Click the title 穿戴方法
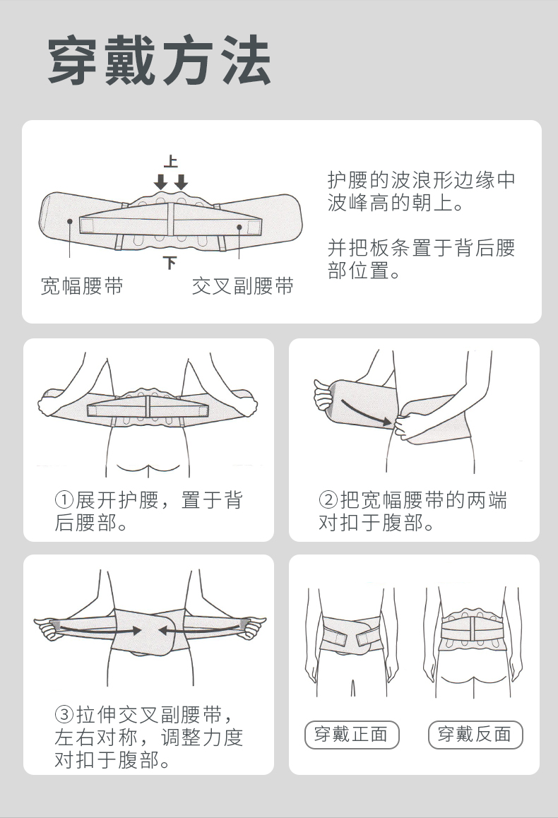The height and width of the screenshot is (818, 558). [159, 60]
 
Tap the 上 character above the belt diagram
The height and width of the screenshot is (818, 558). [170, 162]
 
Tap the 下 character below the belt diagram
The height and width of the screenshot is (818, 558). [170, 262]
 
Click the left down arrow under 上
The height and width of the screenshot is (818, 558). [160, 182]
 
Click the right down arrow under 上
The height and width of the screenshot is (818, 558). [181, 182]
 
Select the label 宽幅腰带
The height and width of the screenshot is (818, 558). [82, 286]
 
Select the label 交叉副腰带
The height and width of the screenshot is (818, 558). [242, 286]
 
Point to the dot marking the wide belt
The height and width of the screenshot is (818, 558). [70, 221]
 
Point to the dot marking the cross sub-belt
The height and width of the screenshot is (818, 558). [239, 227]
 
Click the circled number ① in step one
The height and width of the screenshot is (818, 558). [65, 500]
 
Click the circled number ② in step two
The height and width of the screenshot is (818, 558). [328, 500]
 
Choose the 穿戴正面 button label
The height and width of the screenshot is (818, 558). [352, 735]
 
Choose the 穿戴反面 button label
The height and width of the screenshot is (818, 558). [475, 735]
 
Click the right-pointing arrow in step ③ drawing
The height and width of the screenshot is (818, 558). [97, 629]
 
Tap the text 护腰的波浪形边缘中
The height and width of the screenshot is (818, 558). [422, 180]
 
